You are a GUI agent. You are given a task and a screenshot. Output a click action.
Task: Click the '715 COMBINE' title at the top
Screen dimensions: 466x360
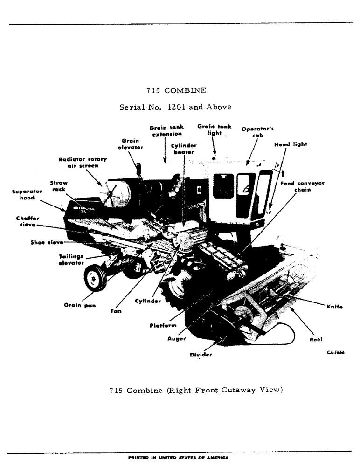click(176, 90)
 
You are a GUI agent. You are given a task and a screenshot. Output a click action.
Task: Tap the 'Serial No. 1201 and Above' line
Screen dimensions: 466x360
click(175, 107)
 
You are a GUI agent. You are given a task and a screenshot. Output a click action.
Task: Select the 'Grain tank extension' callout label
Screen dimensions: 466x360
click(166, 130)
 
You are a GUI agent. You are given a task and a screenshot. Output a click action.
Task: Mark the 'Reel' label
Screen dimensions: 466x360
click(316, 339)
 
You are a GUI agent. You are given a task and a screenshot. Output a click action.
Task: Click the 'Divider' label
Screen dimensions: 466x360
click(201, 355)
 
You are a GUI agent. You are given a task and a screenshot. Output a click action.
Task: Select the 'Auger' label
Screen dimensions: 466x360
click(176, 339)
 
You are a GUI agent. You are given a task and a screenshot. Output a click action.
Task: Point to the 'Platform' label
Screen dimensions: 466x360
click(163, 325)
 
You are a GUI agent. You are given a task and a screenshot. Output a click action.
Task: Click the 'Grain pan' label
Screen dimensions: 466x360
click(77, 305)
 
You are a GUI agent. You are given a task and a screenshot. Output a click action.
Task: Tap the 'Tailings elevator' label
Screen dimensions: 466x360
click(71, 260)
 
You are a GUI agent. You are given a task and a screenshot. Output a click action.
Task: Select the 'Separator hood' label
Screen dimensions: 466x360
click(27, 194)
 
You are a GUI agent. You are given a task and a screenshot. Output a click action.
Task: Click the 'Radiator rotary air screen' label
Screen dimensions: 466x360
click(83, 162)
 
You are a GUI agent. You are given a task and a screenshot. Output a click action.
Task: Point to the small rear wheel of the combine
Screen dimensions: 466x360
click(95, 278)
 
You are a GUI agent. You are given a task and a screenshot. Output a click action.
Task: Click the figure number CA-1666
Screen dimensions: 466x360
click(335, 353)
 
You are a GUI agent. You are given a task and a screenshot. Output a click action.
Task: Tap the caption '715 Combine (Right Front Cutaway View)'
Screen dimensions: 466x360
click(196, 390)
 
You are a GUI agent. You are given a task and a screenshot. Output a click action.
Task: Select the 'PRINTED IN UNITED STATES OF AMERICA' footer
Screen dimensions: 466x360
click(179, 458)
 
